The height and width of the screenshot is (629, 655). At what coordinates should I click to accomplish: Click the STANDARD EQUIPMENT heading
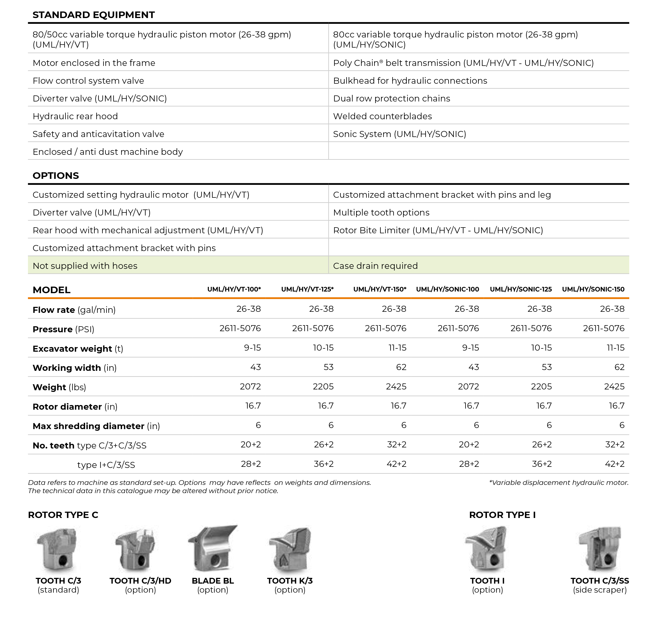(94, 15)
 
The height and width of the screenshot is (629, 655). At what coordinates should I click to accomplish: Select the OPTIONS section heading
(56, 176)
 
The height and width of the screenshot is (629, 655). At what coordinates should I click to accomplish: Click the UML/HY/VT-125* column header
(307, 289)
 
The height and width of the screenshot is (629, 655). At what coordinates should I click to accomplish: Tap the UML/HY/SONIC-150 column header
(593, 289)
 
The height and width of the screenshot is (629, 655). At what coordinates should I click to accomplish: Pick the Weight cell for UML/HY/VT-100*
(250, 387)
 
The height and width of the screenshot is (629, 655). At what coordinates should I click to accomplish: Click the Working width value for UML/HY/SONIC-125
(546, 367)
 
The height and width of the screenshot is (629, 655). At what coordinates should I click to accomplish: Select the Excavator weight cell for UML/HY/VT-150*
(397, 348)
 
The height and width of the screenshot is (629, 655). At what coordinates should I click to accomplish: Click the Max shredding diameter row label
(96, 426)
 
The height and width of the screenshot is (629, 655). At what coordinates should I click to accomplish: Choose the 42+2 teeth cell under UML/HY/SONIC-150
(614, 464)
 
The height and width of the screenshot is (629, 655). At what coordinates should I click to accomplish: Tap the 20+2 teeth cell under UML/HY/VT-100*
(251, 445)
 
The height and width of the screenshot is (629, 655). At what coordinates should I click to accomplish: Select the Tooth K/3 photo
(290, 549)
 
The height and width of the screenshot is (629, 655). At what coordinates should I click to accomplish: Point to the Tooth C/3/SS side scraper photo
(600, 549)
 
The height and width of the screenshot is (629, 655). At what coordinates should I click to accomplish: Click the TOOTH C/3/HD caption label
(140, 581)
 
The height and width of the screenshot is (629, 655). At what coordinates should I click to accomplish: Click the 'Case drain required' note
(375, 266)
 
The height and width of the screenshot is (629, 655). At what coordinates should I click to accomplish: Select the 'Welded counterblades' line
(382, 116)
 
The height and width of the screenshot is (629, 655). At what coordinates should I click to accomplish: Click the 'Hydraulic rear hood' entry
(75, 116)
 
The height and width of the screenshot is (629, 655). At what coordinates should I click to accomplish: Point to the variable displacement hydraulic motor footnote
(559, 482)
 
